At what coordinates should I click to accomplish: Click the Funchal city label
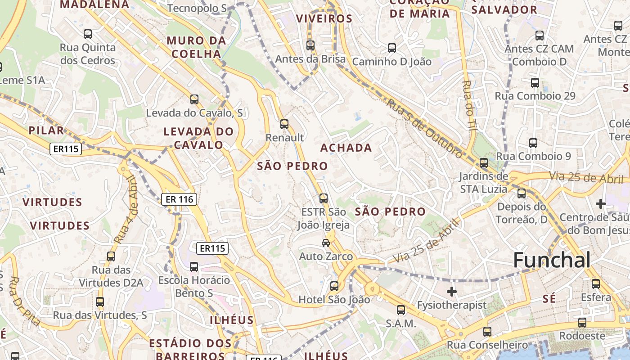point(552,260)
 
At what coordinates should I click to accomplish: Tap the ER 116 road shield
point(179,198)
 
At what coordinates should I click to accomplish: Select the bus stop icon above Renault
point(284,124)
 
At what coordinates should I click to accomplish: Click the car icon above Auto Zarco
point(326,243)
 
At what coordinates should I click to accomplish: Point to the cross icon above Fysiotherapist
point(452,292)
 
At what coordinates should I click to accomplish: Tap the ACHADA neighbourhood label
point(346,148)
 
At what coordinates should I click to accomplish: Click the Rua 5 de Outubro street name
point(424,128)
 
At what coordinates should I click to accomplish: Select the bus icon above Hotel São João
point(334,286)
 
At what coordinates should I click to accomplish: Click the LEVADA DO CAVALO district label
point(198,138)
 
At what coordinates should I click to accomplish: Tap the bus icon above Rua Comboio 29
point(535,83)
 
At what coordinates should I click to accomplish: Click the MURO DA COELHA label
point(196,47)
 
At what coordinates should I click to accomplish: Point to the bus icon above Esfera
point(596,284)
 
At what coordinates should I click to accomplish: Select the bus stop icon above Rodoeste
point(582,323)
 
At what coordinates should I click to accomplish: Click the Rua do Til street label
point(468,105)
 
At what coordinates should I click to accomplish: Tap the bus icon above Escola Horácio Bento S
point(194,267)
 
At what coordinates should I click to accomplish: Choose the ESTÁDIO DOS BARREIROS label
point(190,349)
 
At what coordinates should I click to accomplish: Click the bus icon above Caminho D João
point(392,48)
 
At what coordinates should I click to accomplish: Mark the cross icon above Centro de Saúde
point(601,204)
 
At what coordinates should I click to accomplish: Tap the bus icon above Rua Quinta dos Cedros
point(88,34)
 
